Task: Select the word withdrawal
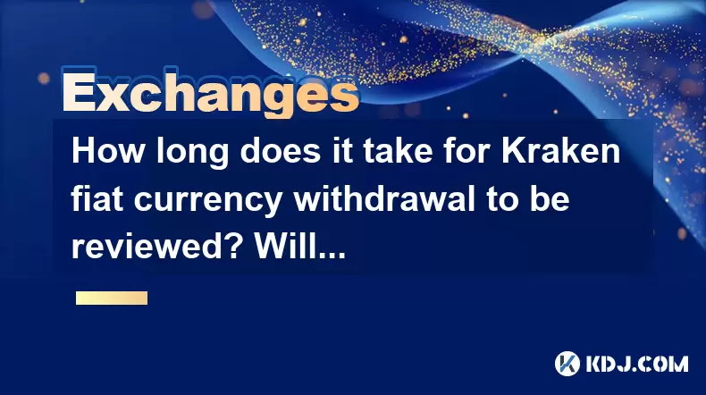click(384, 198)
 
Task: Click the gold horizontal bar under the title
click(112, 298)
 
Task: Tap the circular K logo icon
click(567, 364)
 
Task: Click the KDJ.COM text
click(636, 364)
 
